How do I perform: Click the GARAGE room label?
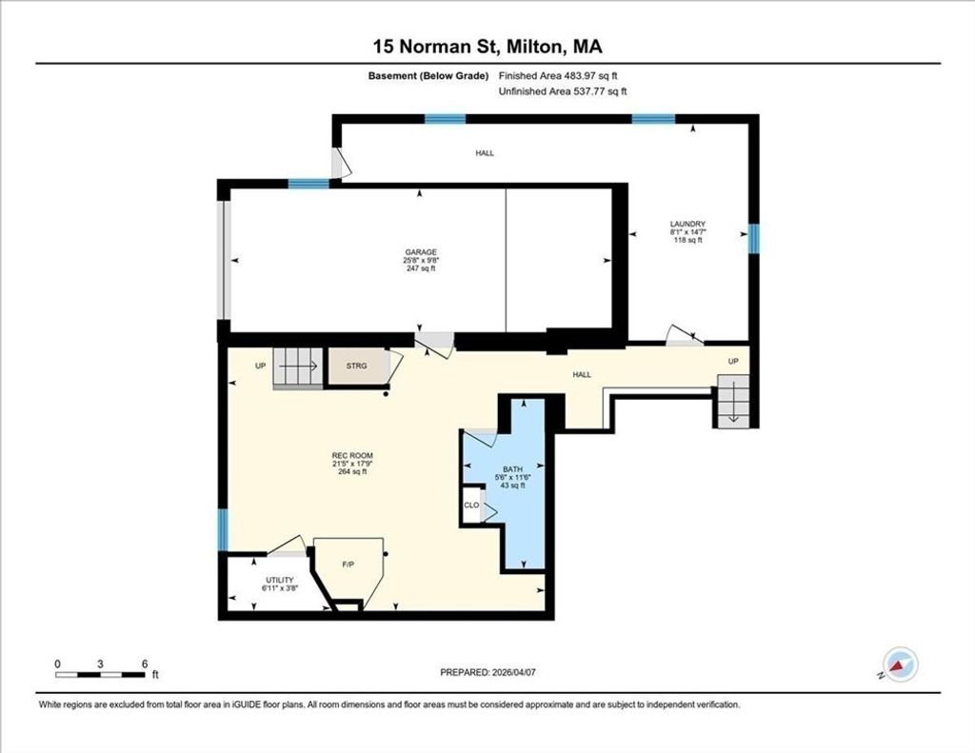pyautogui.click(x=421, y=252)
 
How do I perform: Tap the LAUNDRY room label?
pyautogui.click(x=687, y=224)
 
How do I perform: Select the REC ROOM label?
pyautogui.click(x=352, y=456)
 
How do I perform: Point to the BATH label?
pyautogui.click(x=513, y=469)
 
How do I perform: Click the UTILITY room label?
pyautogui.click(x=279, y=580)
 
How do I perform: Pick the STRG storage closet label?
pyautogui.click(x=356, y=367)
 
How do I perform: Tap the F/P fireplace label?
pyautogui.click(x=348, y=565)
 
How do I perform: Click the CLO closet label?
pyautogui.click(x=471, y=505)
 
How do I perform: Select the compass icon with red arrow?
pyautogui.click(x=900, y=664)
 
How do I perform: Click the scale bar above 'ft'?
pyautogui.click(x=100, y=675)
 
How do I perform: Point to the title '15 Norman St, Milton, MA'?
pyautogui.click(x=487, y=47)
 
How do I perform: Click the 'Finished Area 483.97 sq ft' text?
pyautogui.click(x=558, y=76)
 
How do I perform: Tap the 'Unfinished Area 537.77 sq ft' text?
pyautogui.click(x=563, y=91)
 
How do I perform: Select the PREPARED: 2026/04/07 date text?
pyautogui.click(x=488, y=672)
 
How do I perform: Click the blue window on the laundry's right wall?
pyautogui.click(x=754, y=239)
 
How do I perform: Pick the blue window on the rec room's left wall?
pyautogui.click(x=223, y=530)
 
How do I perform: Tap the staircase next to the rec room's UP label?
pyautogui.click(x=298, y=368)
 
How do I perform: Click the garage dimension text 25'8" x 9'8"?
pyautogui.click(x=421, y=261)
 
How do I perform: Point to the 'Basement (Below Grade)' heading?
pyautogui.click(x=428, y=76)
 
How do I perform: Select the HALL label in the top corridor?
pyautogui.click(x=485, y=153)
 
